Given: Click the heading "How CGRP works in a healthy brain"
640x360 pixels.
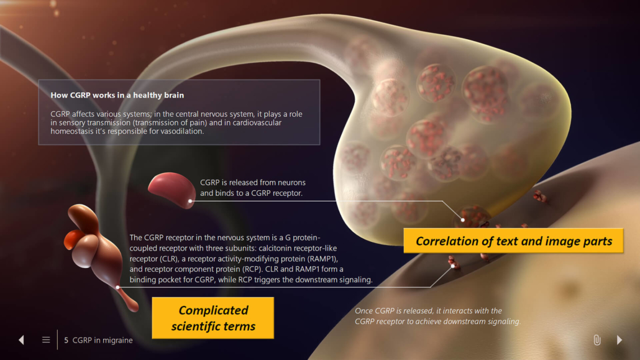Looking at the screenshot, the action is point(117,95).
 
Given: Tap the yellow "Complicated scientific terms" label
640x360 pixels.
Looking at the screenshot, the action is point(213,318).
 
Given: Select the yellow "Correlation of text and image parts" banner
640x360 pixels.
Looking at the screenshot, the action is point(513,241).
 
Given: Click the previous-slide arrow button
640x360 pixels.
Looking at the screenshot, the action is point(21,340).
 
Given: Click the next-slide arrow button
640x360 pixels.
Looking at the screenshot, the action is point(619,340).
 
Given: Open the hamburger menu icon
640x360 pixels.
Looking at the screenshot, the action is point(46,340).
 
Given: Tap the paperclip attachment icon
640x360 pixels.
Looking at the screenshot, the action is point(597,340).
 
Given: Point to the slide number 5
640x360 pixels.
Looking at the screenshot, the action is point(66,340).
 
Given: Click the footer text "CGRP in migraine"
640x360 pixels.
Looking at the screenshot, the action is point(103,340).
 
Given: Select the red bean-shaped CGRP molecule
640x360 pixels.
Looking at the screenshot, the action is point(171,189).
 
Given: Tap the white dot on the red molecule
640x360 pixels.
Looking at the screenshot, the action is point(190,201).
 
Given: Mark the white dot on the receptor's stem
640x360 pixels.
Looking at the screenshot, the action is point(117,287).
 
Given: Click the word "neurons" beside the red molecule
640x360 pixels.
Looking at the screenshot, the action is point(291,183).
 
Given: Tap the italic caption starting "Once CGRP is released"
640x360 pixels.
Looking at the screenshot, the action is point(437,316).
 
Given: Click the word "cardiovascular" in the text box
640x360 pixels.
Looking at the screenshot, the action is point(257,122).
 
